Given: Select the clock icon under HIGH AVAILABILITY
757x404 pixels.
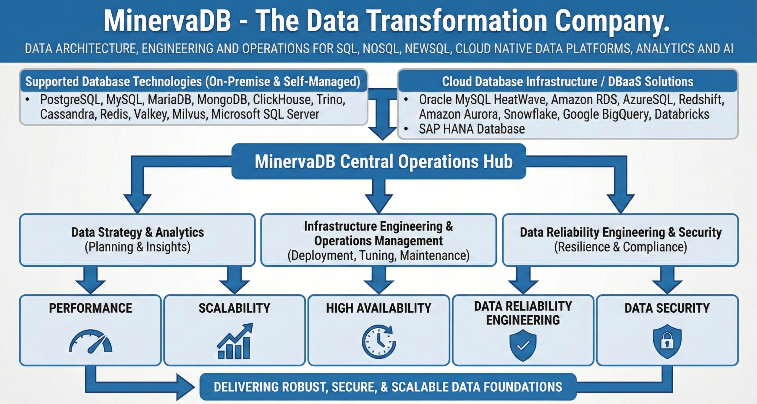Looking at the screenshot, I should pyautogui.click(x=379, y=341).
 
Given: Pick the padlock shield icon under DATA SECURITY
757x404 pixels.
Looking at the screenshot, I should pyautogui.click(x=667, y=341).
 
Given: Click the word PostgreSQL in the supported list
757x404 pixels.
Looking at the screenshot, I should pyautogui.click(x=71, y=100).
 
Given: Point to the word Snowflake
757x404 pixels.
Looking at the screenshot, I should pyautogui.click(x=531, y=114).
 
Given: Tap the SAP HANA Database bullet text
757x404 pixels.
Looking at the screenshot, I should pyautogui.click(x=472, y=129).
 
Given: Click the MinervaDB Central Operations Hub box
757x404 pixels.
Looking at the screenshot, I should pyautogui.click(x=379, y=161).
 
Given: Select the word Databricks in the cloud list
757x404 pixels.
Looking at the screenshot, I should pyautogui.click(x=682, y=114).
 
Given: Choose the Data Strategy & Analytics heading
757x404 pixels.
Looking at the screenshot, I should pyautogui.click(x=138, y=232).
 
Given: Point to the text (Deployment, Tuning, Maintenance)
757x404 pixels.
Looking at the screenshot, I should pyautogui.click(x=378, y=256).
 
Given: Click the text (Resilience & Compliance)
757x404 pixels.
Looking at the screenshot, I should pyautogui.click(x=620, y=247).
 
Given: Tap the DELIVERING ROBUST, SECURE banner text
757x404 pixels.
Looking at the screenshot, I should pyautogui.click(x=388, y=387).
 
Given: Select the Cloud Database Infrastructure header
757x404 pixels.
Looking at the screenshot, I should pyautogui.click(x=567, y=82).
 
